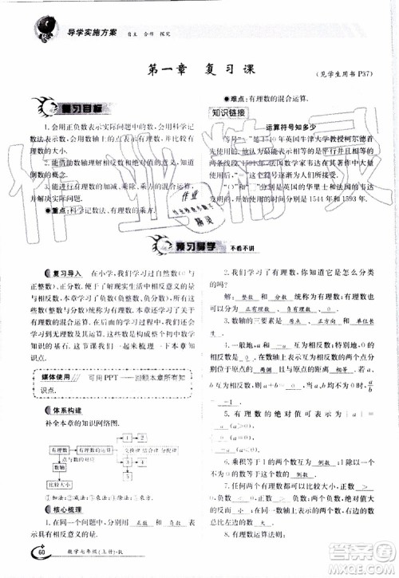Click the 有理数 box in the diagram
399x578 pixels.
59,450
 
